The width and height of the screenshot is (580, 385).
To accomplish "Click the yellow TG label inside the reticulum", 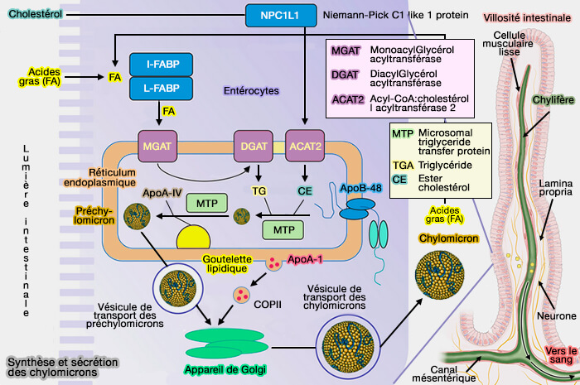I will pyautogui.click(x=259, y=190).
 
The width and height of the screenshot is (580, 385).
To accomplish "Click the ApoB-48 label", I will pyautogui.click(x=360, y=189).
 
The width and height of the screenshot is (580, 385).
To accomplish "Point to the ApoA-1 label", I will pyautogui.click(x=305, y=260).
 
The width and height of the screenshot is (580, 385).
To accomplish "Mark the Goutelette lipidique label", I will pyautogui.click(x=226, y=263).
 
